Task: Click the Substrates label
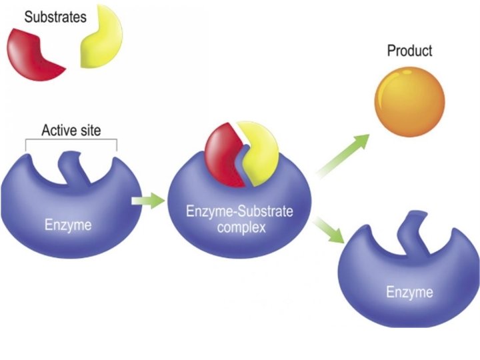coord(55,16)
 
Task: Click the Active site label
coord(71,130)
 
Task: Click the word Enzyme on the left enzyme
coord(68,224)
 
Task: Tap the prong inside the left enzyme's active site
coord(70,166)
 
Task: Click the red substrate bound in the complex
coord(221,151)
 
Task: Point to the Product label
coord(409,51)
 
